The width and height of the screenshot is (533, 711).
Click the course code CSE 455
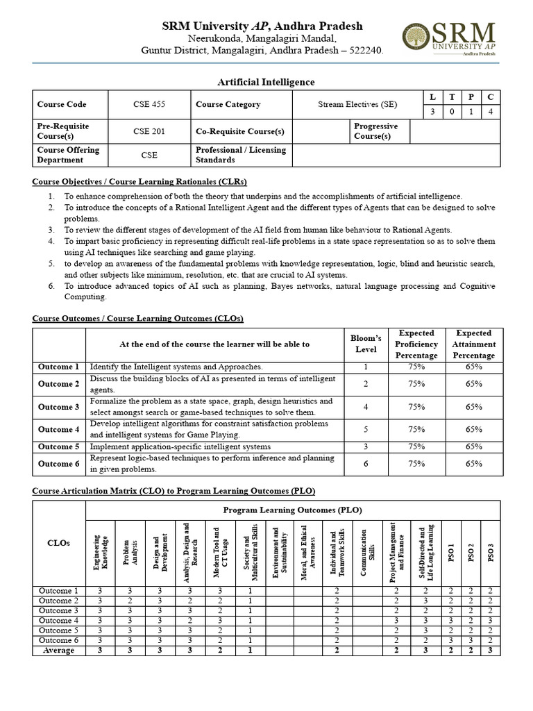click(x=149, y=105)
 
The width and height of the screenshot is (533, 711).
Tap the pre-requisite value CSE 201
click(x=149, y=131)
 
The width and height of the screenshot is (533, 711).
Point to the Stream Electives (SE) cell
click(x=357, y=105)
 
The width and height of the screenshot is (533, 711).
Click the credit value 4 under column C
click(x=490, y=111)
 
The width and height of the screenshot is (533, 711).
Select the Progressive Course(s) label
click(x=375, y=131)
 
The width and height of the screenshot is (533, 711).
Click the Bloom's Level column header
click(x=366, y=344)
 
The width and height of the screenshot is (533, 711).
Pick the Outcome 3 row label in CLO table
click(x=58, y=407)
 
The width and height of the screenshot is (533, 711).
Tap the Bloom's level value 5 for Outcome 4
click(x=366, y=430)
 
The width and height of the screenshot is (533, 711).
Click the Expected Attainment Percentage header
click(x=474, y=344)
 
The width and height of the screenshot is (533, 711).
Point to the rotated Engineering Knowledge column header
click(x=101, y=553)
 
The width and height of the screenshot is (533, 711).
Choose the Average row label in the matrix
click(x=58, y=650)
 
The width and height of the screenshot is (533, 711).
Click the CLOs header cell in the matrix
click(x=58, y=543)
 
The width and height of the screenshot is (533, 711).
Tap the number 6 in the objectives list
click(x=51, y=286)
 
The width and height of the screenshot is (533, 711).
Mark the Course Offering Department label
click(x=68, y=155)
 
